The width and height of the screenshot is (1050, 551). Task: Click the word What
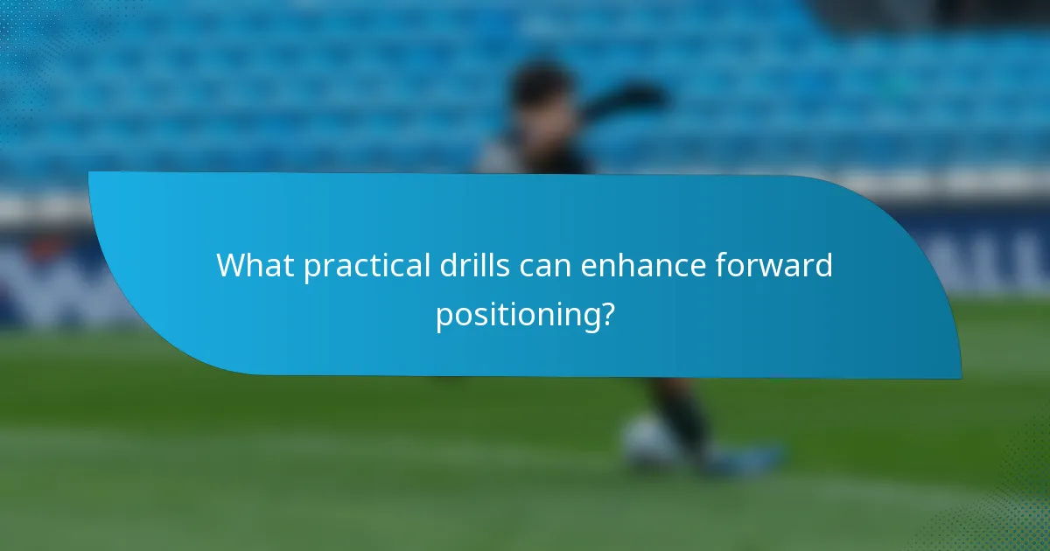coord(255,265)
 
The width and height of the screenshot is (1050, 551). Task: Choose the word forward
coord(772,264)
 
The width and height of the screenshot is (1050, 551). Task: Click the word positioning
coord(518,315)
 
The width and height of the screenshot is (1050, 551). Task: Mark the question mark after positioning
coord(605,313)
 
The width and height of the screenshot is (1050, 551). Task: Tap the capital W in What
coord(231,265)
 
